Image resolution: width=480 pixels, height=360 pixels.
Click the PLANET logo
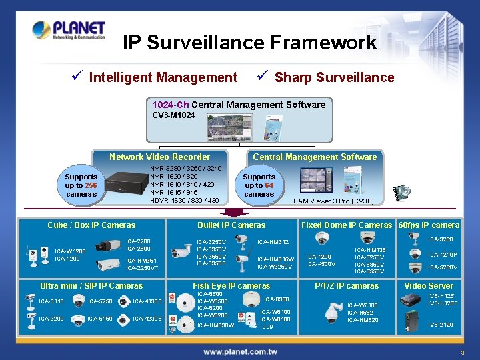[69, 30]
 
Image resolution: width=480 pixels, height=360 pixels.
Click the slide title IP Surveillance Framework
[250, 43]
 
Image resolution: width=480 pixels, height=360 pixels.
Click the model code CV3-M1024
[173, 115]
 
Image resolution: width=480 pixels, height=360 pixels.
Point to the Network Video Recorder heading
[159, 157]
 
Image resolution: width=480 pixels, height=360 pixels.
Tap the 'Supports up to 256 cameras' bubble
[81, 185]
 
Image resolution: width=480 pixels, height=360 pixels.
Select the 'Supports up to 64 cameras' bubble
[259, 185]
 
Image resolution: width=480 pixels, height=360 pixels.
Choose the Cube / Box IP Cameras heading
[91, 225]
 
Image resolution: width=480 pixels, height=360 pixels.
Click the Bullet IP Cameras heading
[231, 225]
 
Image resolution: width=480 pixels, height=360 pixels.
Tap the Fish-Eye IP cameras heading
[231, 286]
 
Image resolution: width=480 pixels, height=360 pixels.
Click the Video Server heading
[429, 286]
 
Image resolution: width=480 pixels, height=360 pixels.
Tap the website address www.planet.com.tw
[240, 351]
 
